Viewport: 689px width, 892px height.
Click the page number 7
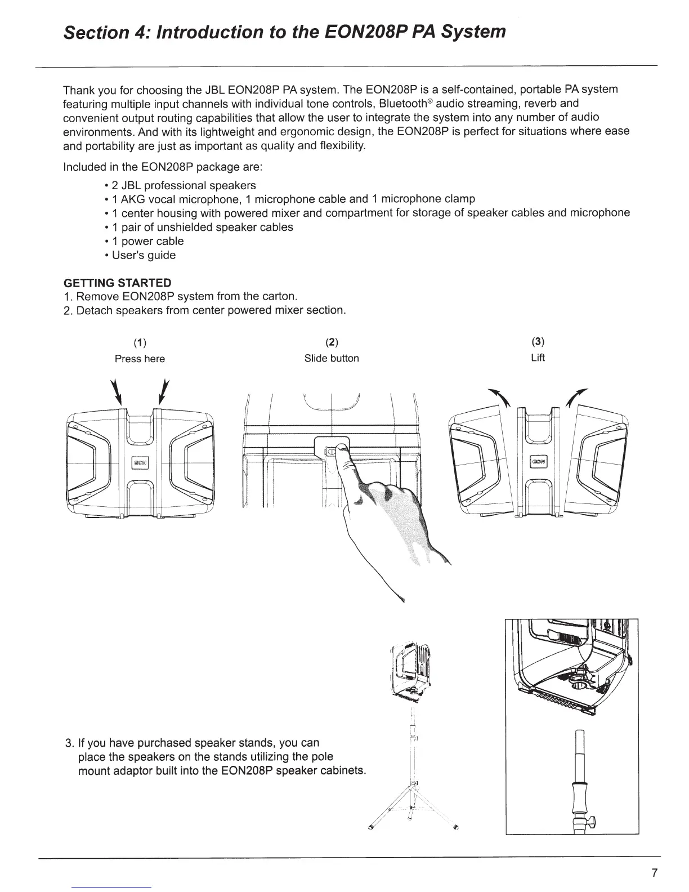click(x=654, y=873)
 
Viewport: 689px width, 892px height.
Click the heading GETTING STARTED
click(x=117, y=283)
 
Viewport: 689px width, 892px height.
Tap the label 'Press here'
click(x=140, y=359)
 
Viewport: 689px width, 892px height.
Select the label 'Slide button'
click(x=332, y=358)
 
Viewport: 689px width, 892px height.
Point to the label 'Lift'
click(x=538, y=358)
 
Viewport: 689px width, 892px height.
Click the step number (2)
click(x=332, y=342)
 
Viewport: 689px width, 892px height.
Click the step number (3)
click(x=538, y=342)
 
